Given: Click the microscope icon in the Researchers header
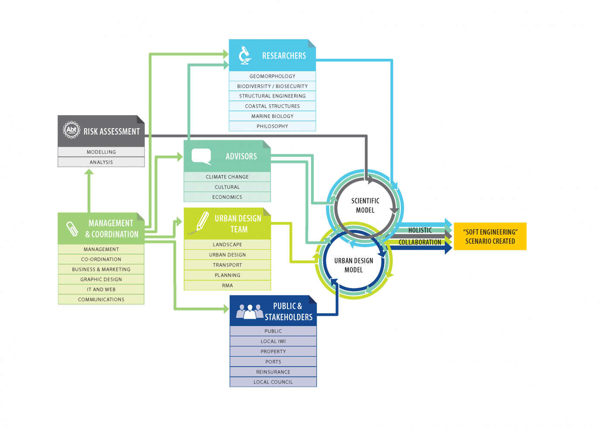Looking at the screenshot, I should coord(245,55).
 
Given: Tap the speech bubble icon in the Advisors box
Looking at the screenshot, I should coord(201,156).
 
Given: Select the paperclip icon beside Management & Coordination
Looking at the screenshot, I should coord(72,229).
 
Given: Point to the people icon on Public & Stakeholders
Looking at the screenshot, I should coord(250,311).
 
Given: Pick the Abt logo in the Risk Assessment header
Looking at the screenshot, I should coord(71,130).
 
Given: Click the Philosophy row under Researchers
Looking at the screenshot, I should coord(272,126).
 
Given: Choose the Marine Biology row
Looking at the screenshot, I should coord(272,116).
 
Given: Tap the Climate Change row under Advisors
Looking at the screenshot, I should coord(227,177).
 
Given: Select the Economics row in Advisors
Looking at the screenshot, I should coord(227,197).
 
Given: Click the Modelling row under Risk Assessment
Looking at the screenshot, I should coord(101,152).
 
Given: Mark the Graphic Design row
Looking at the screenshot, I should coord(101,279).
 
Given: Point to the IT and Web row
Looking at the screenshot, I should coord(101,289).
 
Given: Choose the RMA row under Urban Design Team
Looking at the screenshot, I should coord(227,286).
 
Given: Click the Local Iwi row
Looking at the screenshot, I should coord(273,341).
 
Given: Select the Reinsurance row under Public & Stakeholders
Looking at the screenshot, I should coord(273,372).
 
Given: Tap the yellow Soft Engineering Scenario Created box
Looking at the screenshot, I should coord(490,236).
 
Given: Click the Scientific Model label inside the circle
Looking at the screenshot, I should coord(365,205).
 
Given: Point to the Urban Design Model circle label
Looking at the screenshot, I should coord(353,265).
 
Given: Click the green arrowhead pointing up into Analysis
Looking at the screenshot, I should coord(89,172).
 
